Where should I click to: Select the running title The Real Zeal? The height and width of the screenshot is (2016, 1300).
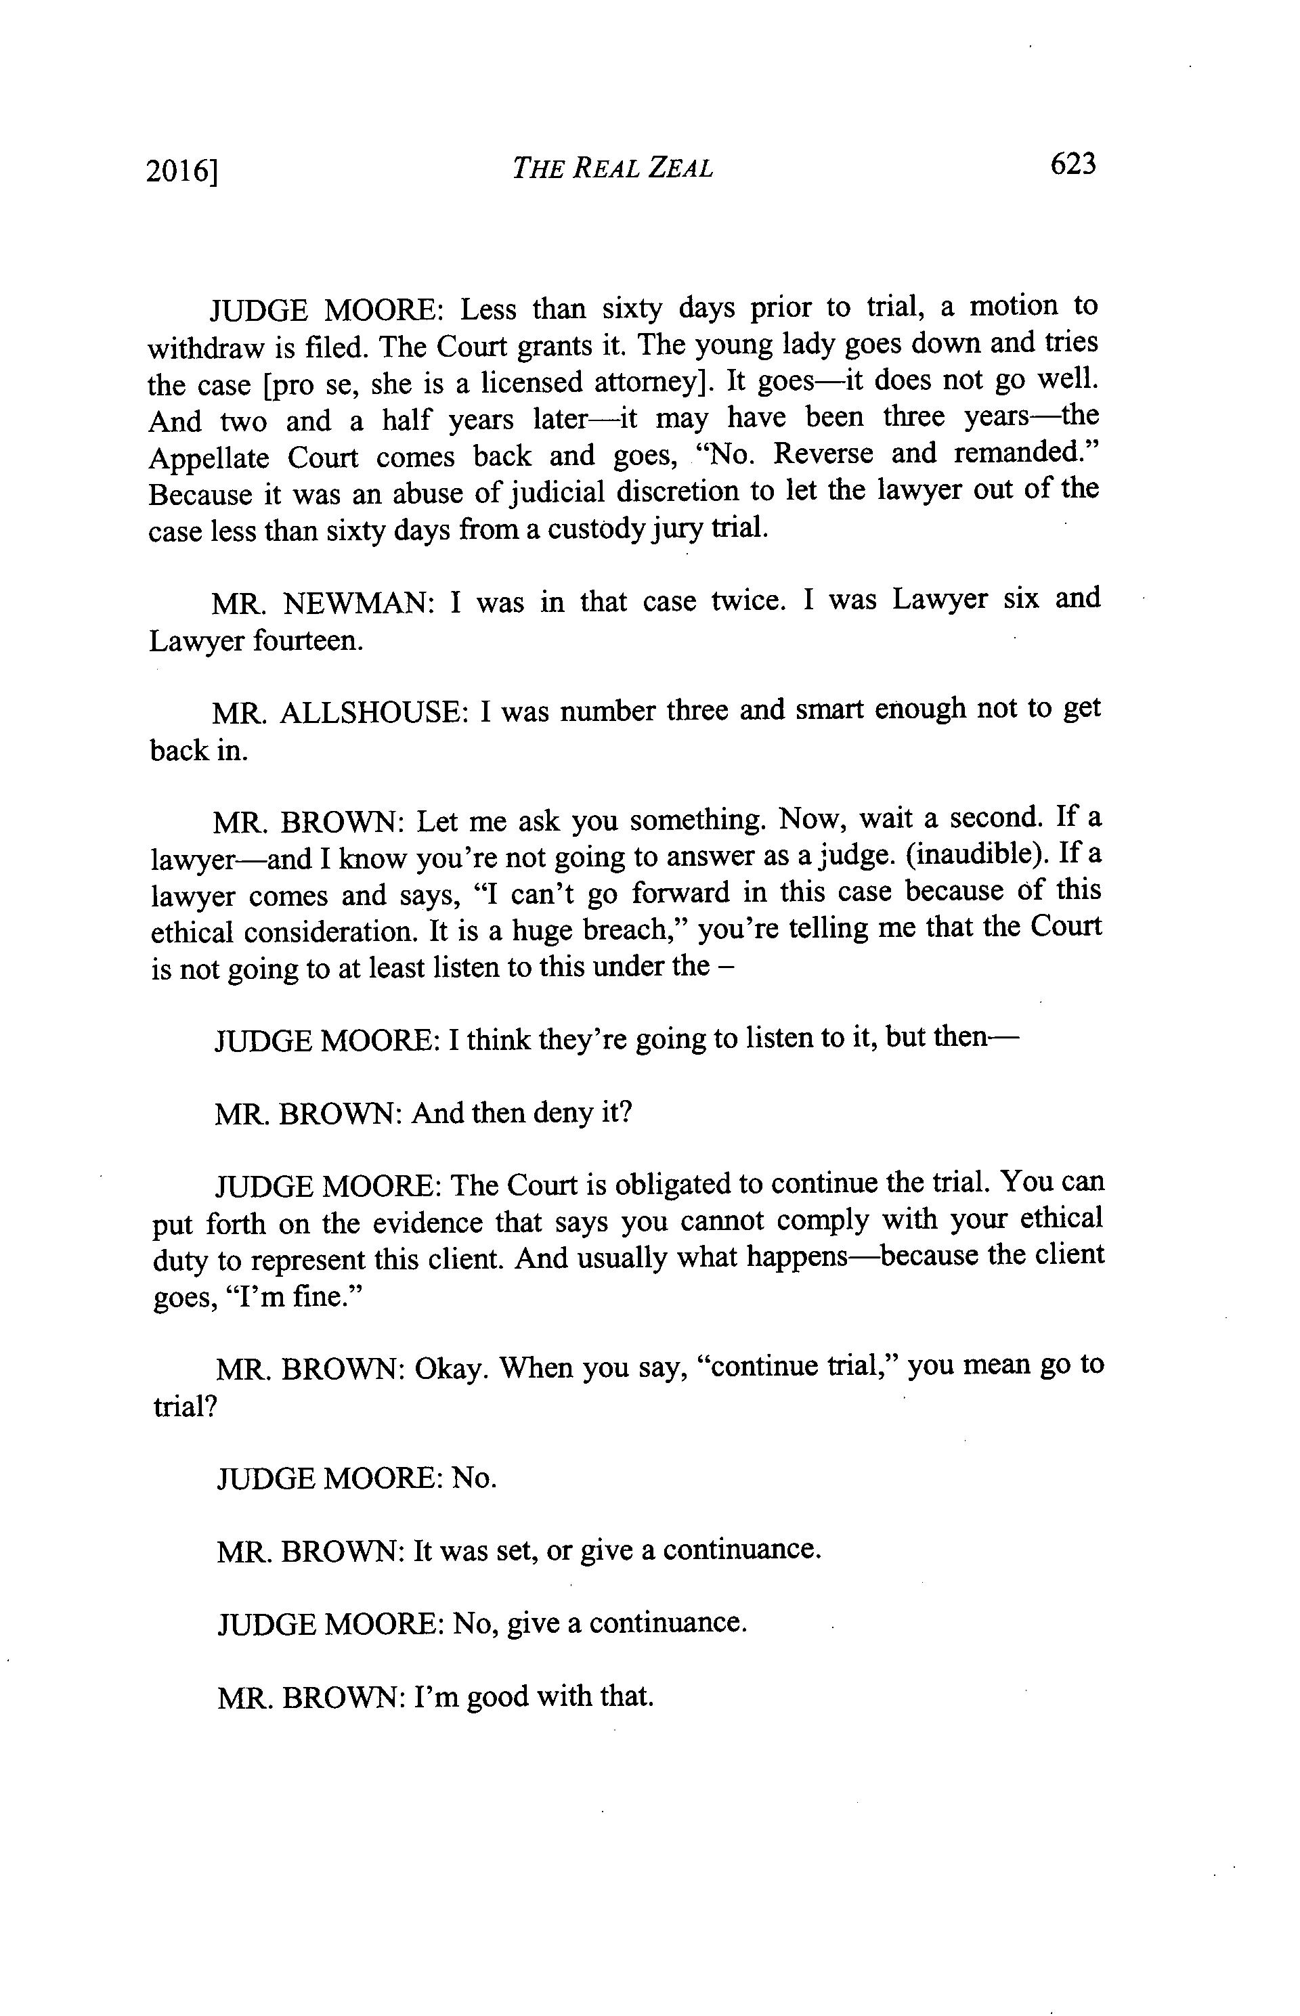point(612,168)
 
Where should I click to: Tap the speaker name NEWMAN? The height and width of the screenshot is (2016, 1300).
point(357,603)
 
